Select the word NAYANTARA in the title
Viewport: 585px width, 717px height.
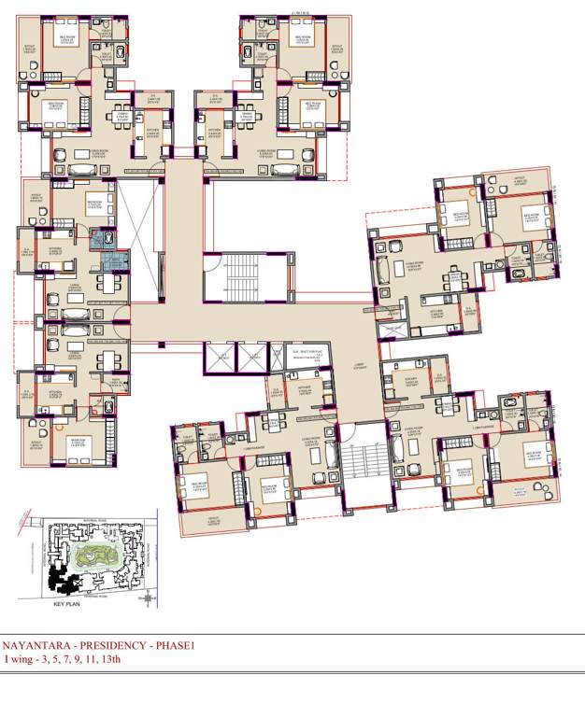click(x=35, y=644)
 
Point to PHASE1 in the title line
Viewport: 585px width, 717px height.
click(x=178, y=644)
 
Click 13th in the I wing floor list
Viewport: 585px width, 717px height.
click(x=109, y=659)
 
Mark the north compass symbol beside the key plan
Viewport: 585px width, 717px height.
click(x=144, y=599)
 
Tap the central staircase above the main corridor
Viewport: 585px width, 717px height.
click(x=241, y=278)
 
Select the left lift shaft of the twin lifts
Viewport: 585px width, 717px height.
click(x=220, y=358)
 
